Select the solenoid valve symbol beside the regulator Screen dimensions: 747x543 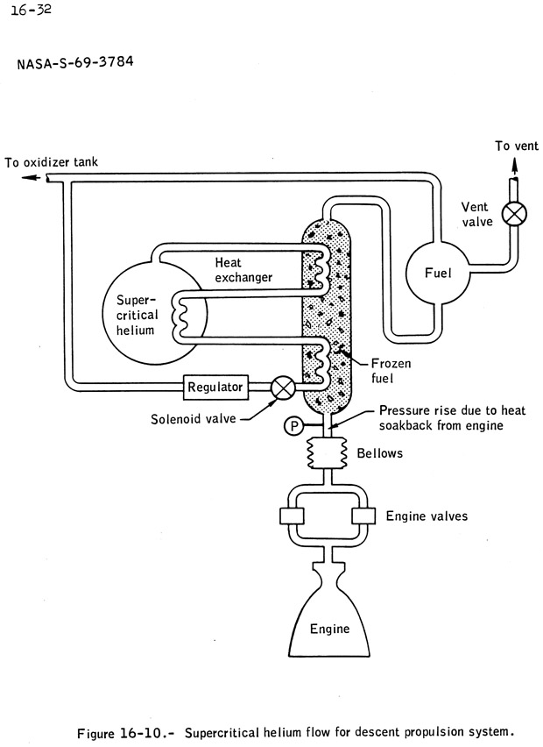[283, 387]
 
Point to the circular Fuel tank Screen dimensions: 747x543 [437, 273]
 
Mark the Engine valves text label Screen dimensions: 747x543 [427, 516]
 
